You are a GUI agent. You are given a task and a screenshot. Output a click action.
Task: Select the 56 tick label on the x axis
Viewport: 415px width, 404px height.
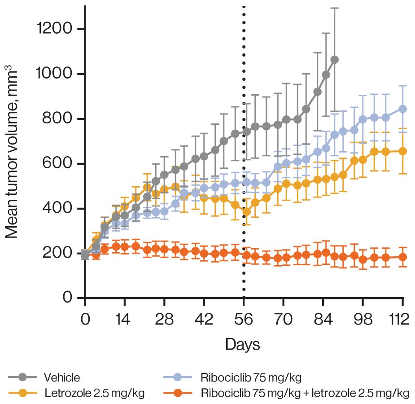(244, 320)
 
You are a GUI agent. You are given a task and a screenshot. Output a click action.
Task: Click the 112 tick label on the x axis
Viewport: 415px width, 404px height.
(401, 320)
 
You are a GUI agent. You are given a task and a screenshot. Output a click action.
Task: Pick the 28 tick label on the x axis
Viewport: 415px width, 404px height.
(164, 320)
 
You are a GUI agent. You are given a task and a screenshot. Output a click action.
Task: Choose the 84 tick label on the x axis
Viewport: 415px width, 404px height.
(323, 320)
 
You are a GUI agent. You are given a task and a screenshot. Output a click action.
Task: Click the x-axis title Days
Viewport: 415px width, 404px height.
(243, 345)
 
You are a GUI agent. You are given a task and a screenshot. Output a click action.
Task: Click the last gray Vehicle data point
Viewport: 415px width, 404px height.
(334, 60)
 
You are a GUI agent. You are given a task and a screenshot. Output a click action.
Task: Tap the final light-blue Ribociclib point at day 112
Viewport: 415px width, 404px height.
(403, 109)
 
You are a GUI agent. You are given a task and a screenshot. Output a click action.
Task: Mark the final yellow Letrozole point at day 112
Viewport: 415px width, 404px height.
(403, 151)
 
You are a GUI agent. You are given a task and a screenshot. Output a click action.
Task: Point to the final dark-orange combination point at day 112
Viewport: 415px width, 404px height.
(403, 257)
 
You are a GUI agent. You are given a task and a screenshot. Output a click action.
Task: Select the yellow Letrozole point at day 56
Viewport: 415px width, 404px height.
(246, 212)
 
